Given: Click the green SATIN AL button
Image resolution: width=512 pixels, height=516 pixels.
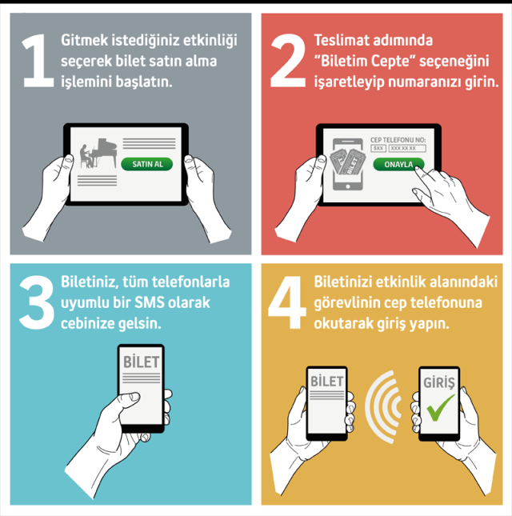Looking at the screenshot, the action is coord(146,164).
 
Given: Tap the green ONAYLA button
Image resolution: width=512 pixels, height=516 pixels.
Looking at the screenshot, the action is coord(398,164).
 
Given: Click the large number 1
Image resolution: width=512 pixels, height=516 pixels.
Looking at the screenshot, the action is coord(38,61).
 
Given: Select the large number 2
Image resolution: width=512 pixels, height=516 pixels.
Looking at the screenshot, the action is coord(288,61).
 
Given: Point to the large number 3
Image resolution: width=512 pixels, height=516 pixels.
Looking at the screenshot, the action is coord(37,302).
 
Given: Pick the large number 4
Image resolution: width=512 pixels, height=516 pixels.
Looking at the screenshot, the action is coord(287,302).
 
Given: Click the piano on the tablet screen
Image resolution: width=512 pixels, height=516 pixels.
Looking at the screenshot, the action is coord(104,153).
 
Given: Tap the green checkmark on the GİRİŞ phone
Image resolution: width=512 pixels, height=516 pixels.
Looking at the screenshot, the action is coord(440,407).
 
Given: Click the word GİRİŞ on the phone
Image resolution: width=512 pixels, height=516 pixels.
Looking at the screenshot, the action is coord(439,382).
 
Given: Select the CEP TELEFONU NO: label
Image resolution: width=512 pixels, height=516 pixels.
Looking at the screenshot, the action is coord(398,140).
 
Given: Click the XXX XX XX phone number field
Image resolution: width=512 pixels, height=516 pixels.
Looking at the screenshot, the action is coord(407,149).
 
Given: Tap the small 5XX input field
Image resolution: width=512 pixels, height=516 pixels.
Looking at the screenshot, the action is coord(378,149).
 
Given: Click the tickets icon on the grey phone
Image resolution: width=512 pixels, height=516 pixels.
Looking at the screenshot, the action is coord(347,162).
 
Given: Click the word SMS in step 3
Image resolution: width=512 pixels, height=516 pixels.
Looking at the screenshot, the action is coord(149,302).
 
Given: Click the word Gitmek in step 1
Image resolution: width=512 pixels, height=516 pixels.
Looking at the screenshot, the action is coord(85,40).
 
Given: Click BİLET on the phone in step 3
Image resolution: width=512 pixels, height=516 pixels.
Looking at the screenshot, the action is coord(141,362).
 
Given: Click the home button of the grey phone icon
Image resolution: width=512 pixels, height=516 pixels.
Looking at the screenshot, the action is coord(348,186).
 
